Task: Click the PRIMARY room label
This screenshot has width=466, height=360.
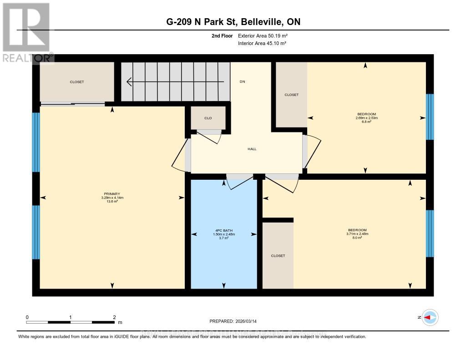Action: tap(112, 194)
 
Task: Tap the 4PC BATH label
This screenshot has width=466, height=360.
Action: tap(223, 230)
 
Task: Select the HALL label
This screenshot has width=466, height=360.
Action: tap(252, 149)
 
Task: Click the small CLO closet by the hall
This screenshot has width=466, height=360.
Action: tap(208, 118)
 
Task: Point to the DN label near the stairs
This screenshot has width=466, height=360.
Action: tap(243, 82)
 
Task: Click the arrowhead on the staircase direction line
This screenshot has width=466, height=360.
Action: tap(130, 82)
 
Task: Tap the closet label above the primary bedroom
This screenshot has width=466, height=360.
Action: tap(77, 82)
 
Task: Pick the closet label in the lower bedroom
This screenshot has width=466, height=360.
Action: tap(278, 256)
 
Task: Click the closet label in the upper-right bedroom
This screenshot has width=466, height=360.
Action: tap(291, 95)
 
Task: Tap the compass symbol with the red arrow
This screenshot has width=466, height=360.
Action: tap(430, 317)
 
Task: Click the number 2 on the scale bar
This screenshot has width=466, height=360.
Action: tap(114, 317)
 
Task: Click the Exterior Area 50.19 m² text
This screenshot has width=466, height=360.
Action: tap(263, 35)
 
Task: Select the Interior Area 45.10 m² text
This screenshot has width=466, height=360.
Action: tap(263, 43)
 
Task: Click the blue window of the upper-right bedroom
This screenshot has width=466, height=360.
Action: tap(430, 117)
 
